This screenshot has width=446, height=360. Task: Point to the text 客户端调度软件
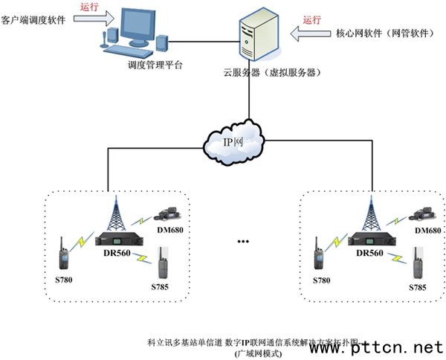[x=33, y=20]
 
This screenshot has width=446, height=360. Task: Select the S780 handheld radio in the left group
[x=64, y=255]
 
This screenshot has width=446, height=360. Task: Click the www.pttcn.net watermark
[x=387, y=347]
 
